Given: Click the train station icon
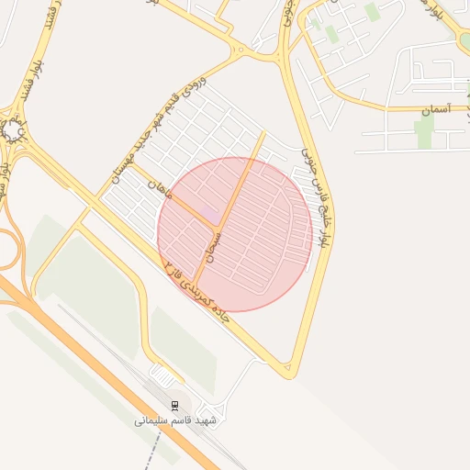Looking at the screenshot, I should [x=175, y=405].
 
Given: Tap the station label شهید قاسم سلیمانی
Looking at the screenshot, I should [x=174, y=420].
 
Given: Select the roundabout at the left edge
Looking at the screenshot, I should [x=13, y=130].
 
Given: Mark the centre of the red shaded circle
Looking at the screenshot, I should [x=235, y=234].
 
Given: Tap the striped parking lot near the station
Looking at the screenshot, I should [x=165, y=375].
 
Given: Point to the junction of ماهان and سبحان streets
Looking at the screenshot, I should [x=218, y=227].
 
